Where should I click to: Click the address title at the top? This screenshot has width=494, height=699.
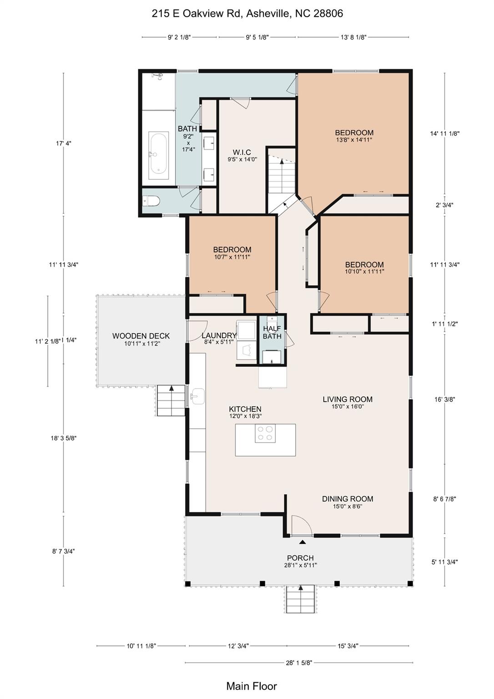click(247, 14)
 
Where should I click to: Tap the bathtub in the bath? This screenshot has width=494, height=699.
click(158, 152)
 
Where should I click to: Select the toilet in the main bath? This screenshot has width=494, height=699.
click(151, 201)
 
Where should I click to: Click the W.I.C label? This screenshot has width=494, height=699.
click(242, 152)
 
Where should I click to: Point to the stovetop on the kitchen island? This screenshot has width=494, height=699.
click(265, 433)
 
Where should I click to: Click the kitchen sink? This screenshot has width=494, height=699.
click(197, 396)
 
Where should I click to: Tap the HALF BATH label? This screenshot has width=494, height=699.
click(272, 332)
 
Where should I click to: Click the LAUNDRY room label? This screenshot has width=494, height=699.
click(219, 336)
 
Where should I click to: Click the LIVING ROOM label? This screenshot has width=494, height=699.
click(348, 400)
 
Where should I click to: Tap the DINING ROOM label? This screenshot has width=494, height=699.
click(348, 499)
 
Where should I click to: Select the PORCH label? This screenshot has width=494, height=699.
click(300, 558)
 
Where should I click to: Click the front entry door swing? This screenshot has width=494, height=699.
click(301, 526)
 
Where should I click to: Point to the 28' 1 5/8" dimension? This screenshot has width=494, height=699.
click(299, 663)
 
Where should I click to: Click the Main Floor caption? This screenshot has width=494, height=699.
click(251, 686)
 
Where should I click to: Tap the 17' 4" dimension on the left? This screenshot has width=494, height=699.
click(64, 143)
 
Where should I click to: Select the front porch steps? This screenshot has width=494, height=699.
click(300, 599)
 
